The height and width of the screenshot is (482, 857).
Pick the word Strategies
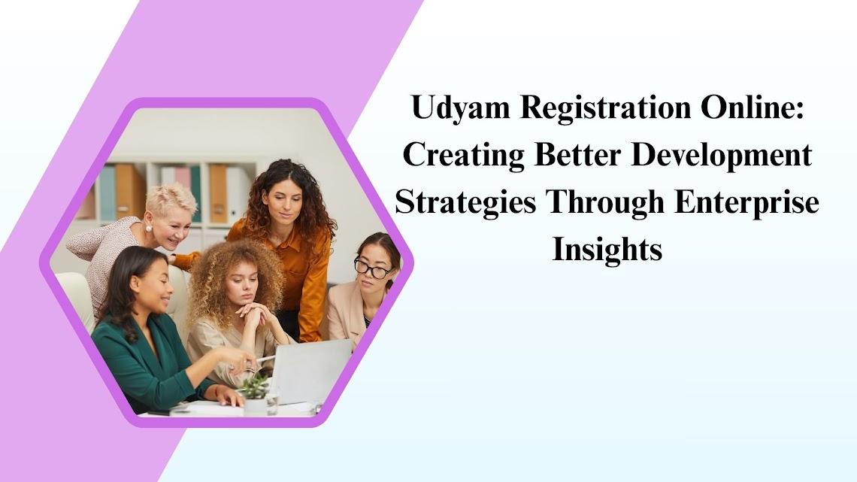click(x=465, y=203)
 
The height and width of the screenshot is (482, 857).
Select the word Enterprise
click(x=746, y=203)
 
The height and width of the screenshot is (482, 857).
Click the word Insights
click(x=607, y=250)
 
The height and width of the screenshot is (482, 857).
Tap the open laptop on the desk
click(x=311, y=371)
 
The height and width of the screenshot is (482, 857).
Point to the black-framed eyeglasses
click(x=373, y=268)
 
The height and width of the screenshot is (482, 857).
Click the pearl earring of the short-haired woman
click(x=149, y=229)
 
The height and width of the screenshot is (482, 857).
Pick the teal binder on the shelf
click(x=107, y=193)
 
